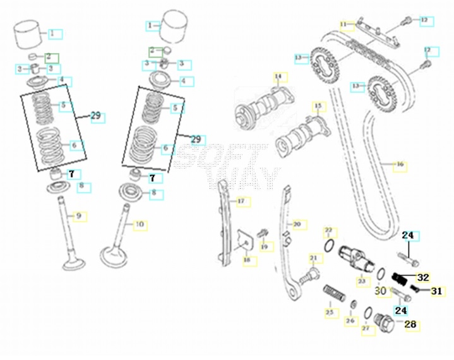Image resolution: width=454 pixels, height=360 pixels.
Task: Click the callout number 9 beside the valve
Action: pyautogui.click(x=79, y=216)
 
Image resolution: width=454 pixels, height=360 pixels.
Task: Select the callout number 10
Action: pyautogui.click(x=140, y=224)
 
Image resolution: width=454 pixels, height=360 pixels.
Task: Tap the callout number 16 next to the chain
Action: pyautogui.click(x=400, y=166)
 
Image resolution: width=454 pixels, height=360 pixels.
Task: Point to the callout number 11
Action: pyautogui.click(x=344, y=25)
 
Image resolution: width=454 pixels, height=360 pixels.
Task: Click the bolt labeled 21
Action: pyautogui.click(x=309, y=274)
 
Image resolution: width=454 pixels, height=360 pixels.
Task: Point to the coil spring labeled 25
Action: pyautogui.click(x=333, y=295)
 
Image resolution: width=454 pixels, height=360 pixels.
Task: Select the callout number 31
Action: pyautogui.click(x=437, y=291)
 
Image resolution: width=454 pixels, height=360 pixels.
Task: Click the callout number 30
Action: pyautogui.click(x=380, y=290)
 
